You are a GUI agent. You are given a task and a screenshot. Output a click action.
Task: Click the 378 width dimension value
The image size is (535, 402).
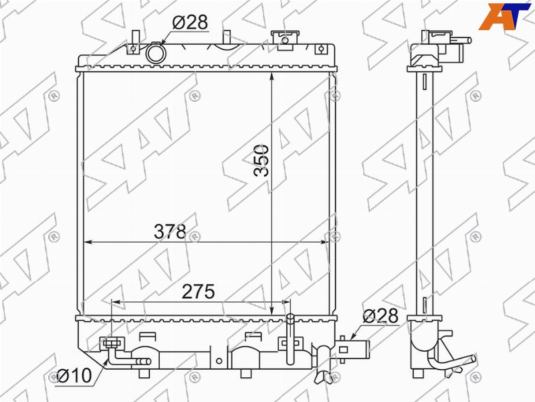pyautogui.click(x=170, y=231)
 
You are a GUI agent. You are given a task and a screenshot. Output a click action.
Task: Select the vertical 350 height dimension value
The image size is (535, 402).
pyautogui.click(x=261, y=160)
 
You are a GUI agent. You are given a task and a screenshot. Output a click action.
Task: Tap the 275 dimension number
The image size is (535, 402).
pyautogui.click(x=198, y=291)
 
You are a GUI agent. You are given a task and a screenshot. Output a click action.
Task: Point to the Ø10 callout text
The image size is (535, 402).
pyautogui.click(x=74, y=376)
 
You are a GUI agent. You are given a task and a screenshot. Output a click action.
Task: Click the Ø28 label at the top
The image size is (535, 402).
pyautogui.click(x=190, y=23)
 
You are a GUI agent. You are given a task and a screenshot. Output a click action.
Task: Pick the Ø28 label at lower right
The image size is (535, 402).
pyautogui.click(x=381, y=316)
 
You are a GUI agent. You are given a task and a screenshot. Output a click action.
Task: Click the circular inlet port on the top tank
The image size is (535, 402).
pyautogui.click(x=156, y=54)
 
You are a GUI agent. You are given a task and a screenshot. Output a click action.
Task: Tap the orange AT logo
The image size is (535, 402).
pyautogui.click(x=504, y=15)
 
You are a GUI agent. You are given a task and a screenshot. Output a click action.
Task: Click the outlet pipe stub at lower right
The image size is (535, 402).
pyautogui.click(x=354, y=349)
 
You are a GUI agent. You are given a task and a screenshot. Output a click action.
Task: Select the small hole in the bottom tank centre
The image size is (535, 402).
pyautogui.click(x=219, y=361)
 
